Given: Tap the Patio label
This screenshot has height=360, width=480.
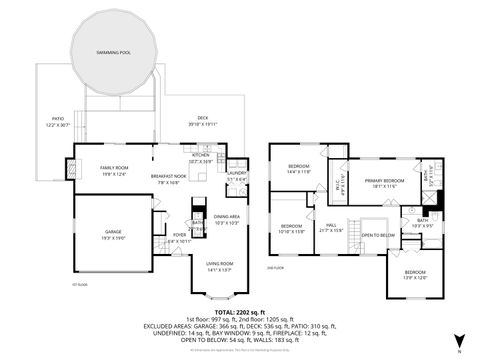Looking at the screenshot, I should pyautogui.click(x=57, y=120).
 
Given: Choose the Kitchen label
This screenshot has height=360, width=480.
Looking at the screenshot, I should pyautogui.click(x=201, y=157).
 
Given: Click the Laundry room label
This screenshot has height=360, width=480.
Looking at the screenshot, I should pyautogui.click(x=236, y=176).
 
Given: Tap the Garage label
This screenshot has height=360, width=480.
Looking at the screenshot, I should pyautogui.click(x=113, y=235).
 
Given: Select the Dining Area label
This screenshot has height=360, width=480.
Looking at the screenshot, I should pyautogui.click(x=227, y=219).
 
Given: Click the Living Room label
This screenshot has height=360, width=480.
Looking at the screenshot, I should pyautogui.click(x=219, y=267).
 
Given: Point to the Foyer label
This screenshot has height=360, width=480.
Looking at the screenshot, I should pyautogui.click(x=180, y=238).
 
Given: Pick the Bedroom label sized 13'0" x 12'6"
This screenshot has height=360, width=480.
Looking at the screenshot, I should pyautogui.click(x=415, y=275).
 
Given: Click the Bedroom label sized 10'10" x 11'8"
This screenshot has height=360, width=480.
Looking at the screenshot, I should pyautogui.click(x=292, y=228).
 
